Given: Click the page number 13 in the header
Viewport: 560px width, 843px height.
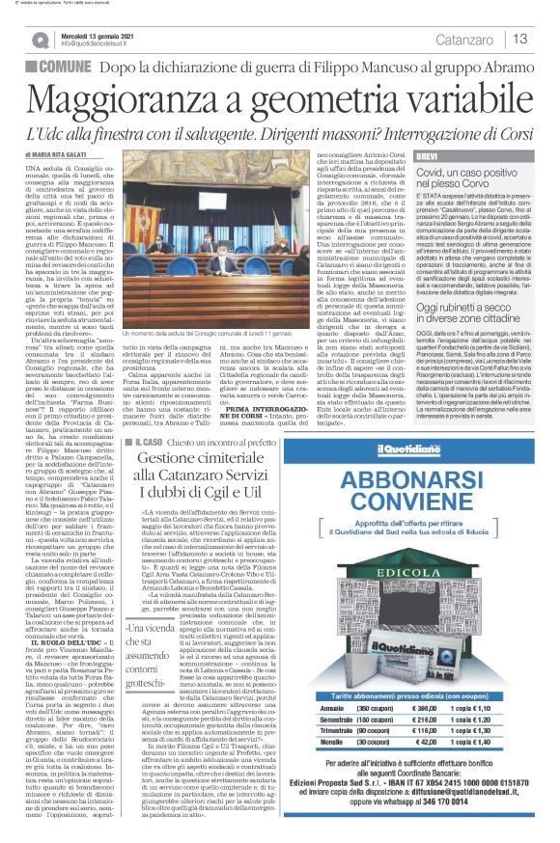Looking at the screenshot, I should click(x=519, y=39).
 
